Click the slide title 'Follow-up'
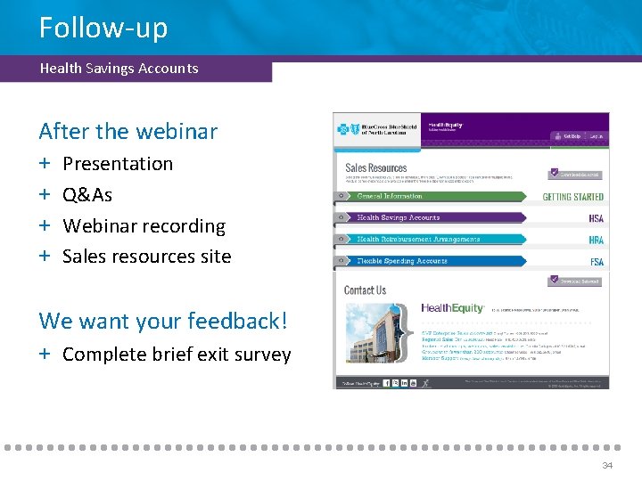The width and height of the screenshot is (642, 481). (x=103, y=28)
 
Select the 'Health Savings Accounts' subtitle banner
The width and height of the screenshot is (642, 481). (x=119, y=69)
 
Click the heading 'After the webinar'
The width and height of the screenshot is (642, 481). (x=128, y=131)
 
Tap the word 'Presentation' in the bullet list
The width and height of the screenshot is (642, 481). (x=118, y=164)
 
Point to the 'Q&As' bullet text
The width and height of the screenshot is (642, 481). (x=87, y=195)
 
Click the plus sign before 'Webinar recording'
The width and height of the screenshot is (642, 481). (x=45, y=226)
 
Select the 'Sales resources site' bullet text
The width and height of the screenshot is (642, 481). (x=146, y=257)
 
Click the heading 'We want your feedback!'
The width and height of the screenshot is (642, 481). (x=163, y=321)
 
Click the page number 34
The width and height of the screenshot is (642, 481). (x=607, y=466)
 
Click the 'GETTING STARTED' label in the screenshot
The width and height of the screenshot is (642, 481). (x=572, y=197)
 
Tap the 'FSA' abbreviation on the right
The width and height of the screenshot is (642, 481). (x=597, y=263)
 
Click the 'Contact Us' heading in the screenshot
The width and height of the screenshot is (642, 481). (x=365, y=290)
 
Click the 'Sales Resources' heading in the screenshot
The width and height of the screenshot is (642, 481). (x=375, y=167)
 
